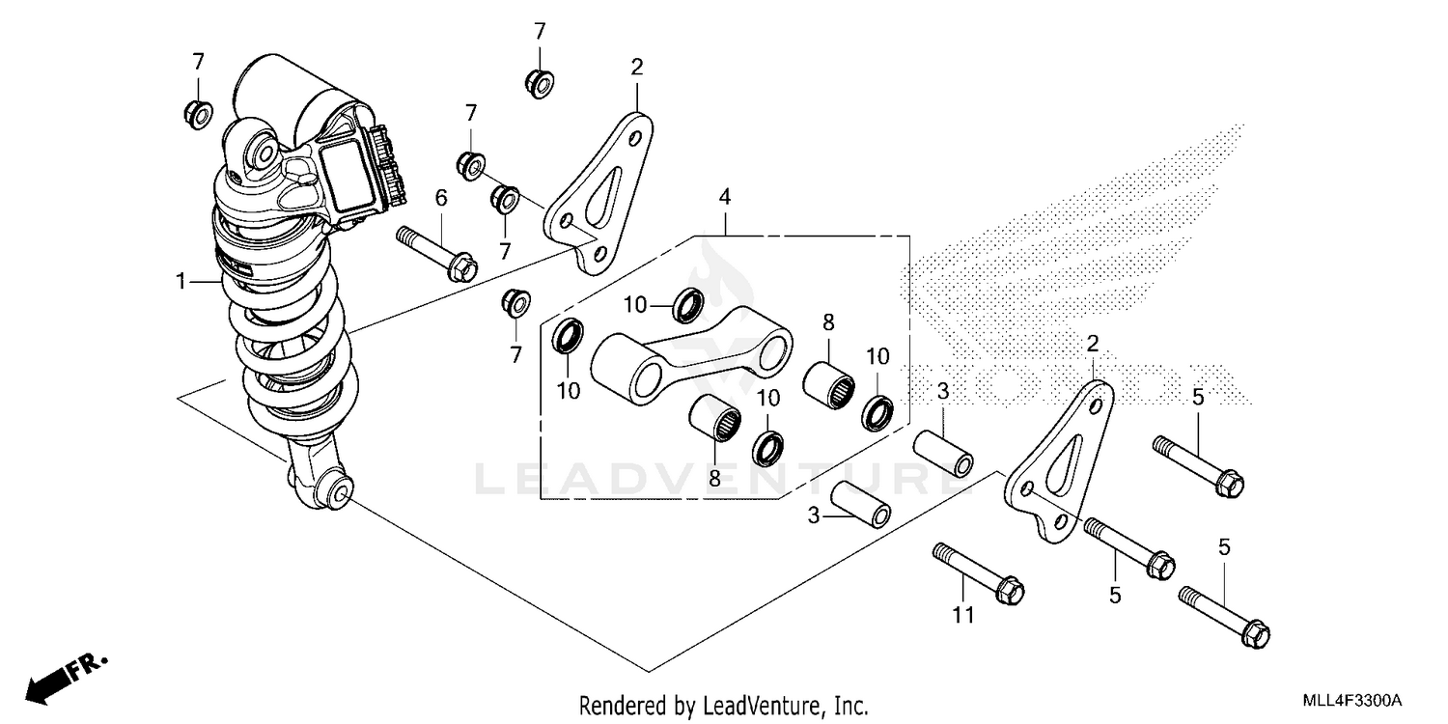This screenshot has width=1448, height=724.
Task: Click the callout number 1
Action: pos(181,282)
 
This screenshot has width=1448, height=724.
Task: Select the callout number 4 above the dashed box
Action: pos(724,198)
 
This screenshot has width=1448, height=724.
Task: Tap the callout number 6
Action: pos(441,199)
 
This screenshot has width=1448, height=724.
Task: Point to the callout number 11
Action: pos(963,615)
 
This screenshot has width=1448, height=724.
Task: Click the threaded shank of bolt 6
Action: pos(422,240)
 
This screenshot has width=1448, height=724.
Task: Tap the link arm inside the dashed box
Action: pos(695,357)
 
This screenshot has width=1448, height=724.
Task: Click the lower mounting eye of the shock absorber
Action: pos(335,492)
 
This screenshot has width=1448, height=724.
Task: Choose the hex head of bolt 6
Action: pos(463,264)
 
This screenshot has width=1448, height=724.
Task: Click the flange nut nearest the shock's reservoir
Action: pos(197,113)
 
